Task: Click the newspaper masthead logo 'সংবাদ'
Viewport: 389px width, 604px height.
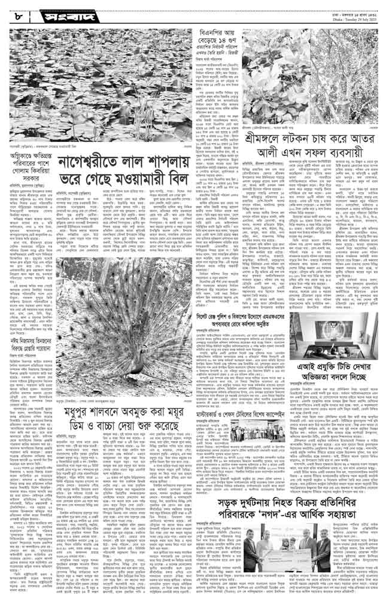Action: (57, 14)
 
